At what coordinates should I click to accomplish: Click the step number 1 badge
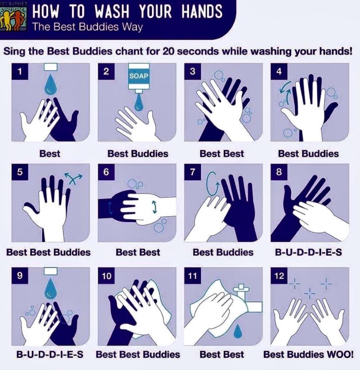(x=20, y=71)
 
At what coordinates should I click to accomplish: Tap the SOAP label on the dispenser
(x=139, y=76)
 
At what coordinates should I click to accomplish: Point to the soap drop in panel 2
(x=139, y=101)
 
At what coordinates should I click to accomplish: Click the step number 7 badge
(x=193, y=172)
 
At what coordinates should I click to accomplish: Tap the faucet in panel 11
(x=246, y=299)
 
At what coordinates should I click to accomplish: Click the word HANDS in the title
(x=202, y=11)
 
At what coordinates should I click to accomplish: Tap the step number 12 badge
(x=279, y=275)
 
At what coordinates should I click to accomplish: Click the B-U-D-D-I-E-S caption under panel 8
(x=308, y=252)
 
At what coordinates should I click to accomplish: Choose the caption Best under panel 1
(x=49, y=154)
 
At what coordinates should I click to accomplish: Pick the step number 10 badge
(x=106, y=275)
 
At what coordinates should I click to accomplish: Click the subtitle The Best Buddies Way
(x=87, y=27)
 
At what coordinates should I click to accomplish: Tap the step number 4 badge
(x=279, y=71)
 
